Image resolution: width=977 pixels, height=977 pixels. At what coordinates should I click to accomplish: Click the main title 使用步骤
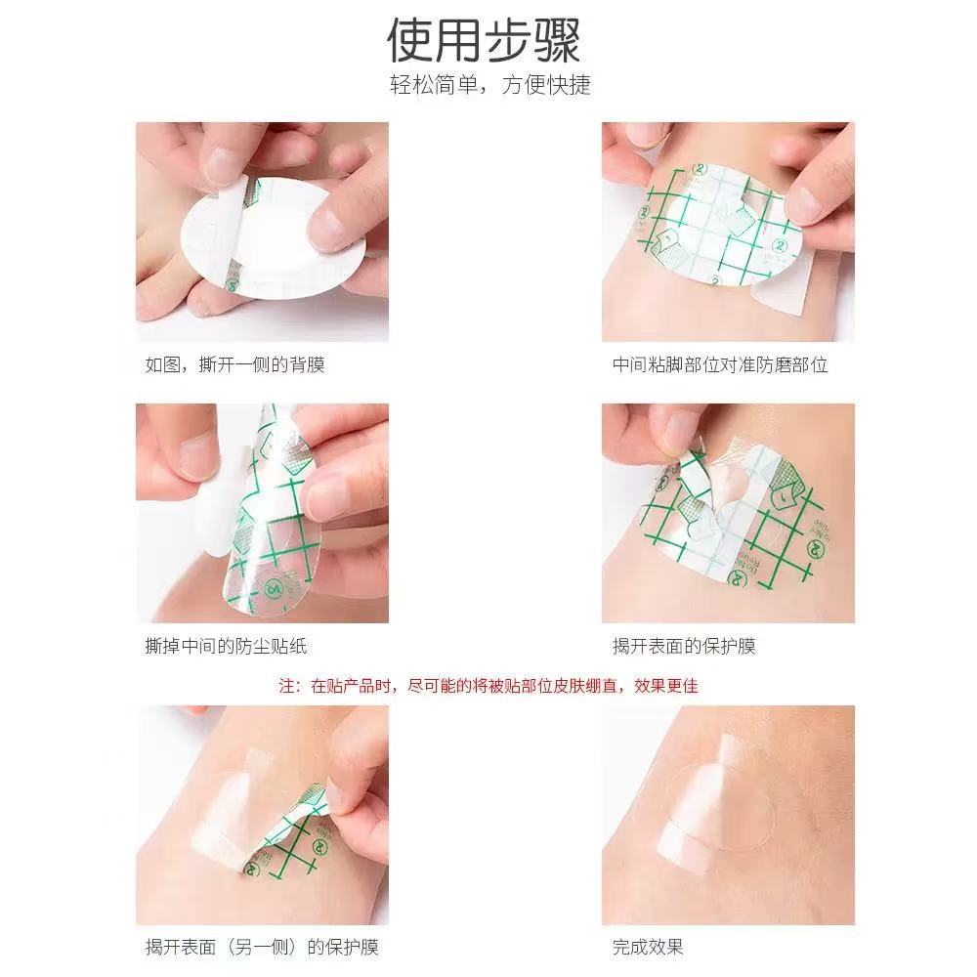click(485, 41)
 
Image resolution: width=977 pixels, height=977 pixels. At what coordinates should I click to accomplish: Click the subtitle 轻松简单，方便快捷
click(489, 85)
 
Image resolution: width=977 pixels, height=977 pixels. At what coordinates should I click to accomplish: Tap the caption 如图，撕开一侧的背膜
click(234, 365)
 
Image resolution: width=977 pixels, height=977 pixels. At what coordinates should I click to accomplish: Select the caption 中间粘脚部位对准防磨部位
click(720, 365)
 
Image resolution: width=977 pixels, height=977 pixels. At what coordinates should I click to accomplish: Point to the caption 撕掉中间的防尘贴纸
click(226, 646)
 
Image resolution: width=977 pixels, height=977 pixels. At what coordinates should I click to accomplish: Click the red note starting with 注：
click(488, 686)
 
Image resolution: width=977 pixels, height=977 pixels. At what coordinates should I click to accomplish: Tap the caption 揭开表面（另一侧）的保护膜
click(262, 946)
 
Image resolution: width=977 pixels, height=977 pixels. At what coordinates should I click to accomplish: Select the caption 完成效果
click(648, 946)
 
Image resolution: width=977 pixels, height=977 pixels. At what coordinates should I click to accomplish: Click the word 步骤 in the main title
click(533, 41)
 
